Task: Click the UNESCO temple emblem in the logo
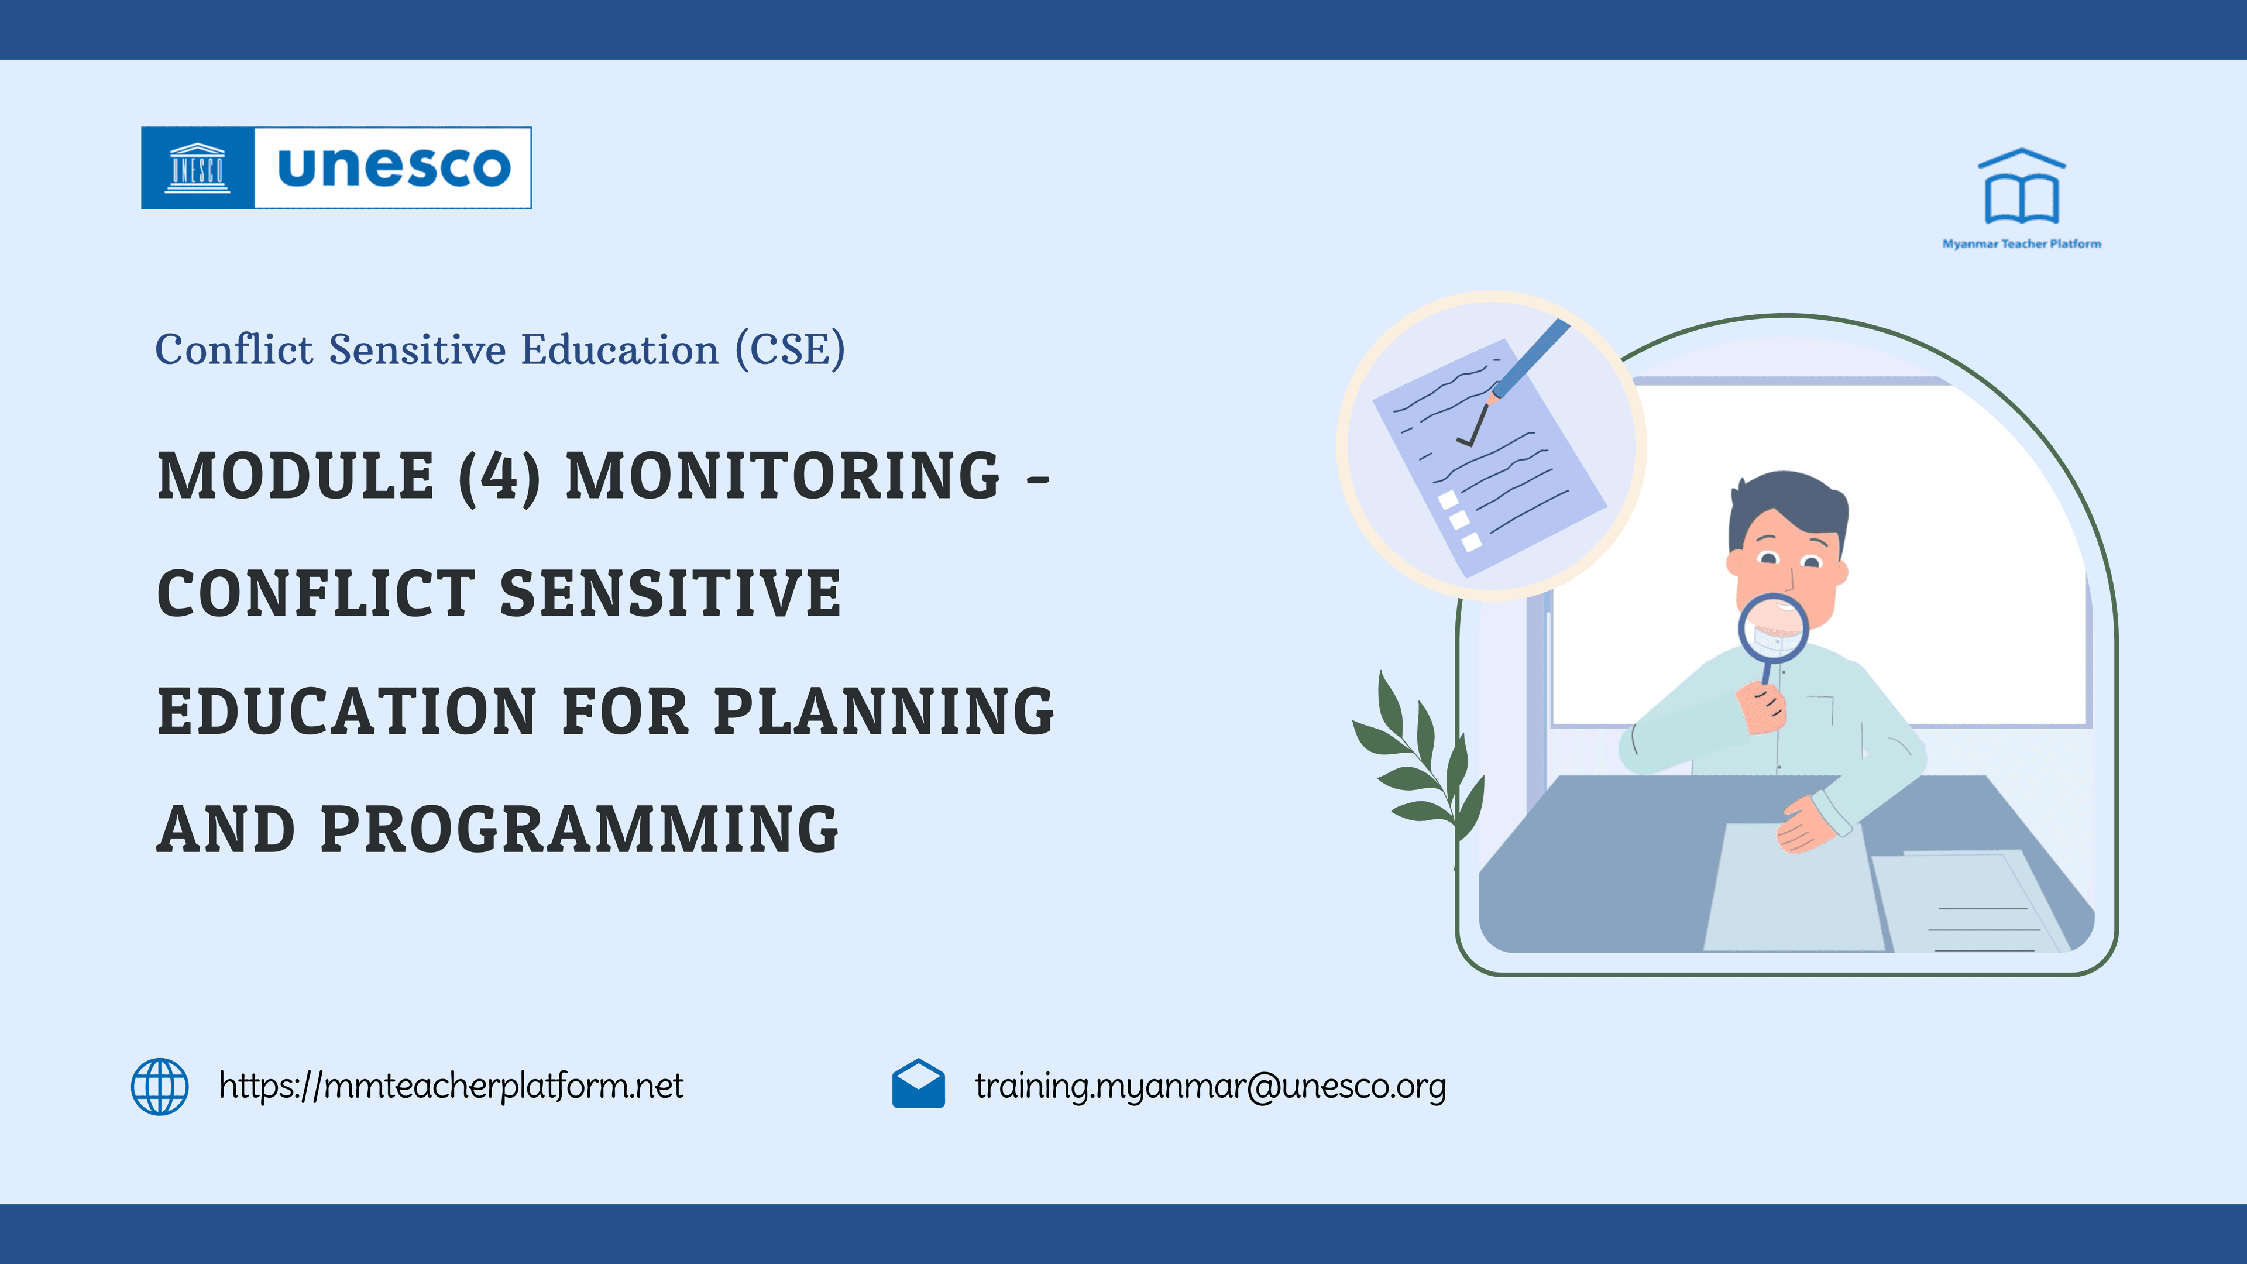click(x=197, y=167)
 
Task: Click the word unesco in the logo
click(x=393, y=167)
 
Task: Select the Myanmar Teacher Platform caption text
click(x=2021, y=244)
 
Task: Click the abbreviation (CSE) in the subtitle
click(x=789, y=350)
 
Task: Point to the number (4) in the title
click(x=499, y=476)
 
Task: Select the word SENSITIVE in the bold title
click(x=670, y=594)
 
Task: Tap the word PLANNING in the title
click(x=884, y=711)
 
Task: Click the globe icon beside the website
click(x=160, y=1086)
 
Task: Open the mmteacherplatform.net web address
click(x=451, y=1086)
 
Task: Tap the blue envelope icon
click(x=918, y=1084)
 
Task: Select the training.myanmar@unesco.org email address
click(x=1210, y=1086)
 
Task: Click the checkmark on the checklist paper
click(x=1473, y=427)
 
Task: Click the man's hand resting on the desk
click(x=1806, y=825)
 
